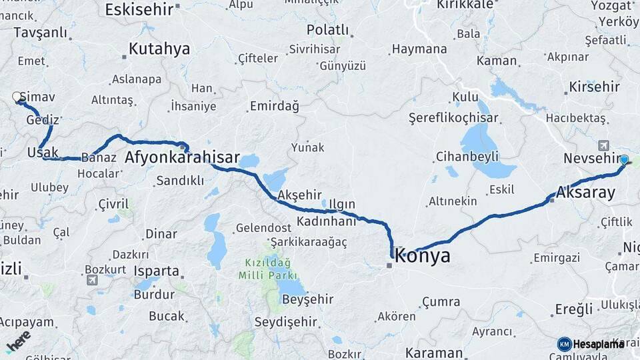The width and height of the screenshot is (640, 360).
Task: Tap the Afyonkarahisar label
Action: [182, 158]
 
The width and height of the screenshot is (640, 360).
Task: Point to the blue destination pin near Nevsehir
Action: [624, 160]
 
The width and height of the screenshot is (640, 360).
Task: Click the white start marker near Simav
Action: [17, 97]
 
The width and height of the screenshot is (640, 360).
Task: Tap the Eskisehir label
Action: [139, 9]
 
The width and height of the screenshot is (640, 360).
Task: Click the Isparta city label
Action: [157, 271]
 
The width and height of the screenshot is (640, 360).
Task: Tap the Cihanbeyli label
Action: [467, 157]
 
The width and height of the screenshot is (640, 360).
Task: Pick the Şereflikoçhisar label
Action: [454, 118]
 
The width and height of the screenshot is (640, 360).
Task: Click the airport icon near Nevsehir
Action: [604, 145]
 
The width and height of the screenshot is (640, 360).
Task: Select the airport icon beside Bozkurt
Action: [91, 280]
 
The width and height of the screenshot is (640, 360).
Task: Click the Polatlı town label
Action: [328, 30]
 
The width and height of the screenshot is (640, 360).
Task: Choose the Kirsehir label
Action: [595, 87]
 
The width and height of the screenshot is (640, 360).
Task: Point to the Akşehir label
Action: [299, 195]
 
